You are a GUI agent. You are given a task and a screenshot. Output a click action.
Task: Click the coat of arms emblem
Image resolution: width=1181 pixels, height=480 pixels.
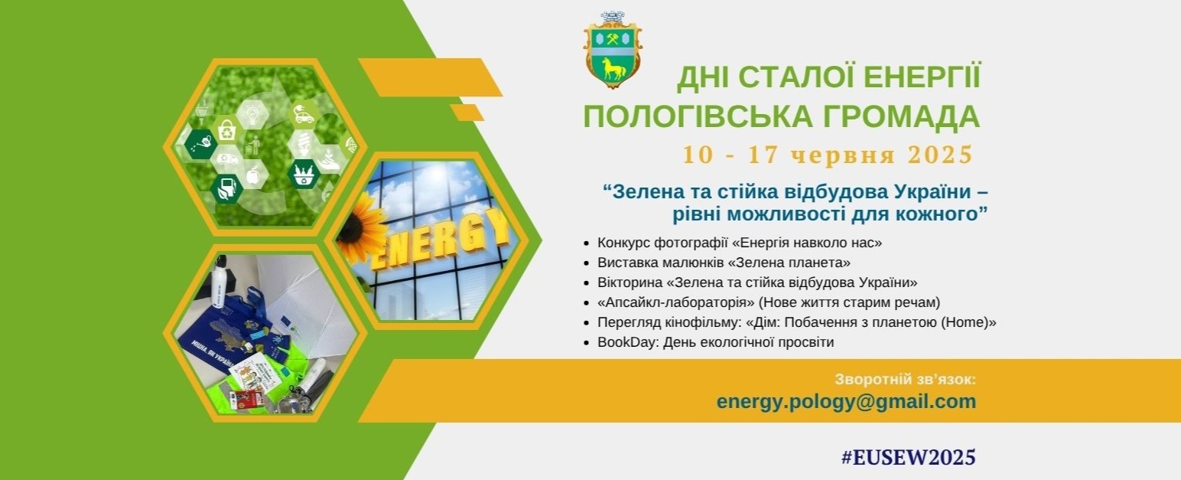click(613, 50)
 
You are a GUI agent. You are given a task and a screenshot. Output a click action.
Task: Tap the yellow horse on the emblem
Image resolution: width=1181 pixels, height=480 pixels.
click(614, 70)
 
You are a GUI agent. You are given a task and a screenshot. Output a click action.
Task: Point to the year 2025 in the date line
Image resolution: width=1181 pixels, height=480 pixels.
click(940, 155)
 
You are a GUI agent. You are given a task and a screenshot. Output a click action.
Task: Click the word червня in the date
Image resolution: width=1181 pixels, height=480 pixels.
click(843, 156)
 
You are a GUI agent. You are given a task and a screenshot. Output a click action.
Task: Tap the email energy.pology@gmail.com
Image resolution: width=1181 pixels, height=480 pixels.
click(846, 402)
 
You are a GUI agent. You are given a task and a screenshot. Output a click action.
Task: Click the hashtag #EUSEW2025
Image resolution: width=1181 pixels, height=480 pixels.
click(908, 457)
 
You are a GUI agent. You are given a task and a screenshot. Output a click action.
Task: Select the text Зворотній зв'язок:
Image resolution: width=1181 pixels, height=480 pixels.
click(906, 379)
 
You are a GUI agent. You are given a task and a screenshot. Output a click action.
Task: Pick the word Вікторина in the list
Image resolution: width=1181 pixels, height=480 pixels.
click(630, 282)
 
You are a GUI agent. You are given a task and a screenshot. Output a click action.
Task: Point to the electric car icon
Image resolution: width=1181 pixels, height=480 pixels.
click(304, 115)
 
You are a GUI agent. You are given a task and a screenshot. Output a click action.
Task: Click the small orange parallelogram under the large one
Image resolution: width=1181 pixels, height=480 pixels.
click(467, 113)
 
